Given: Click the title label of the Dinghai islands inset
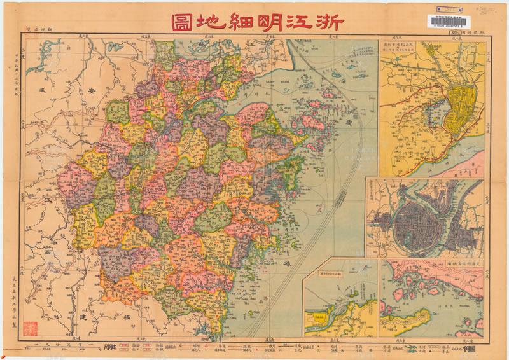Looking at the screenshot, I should [453, 262].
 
